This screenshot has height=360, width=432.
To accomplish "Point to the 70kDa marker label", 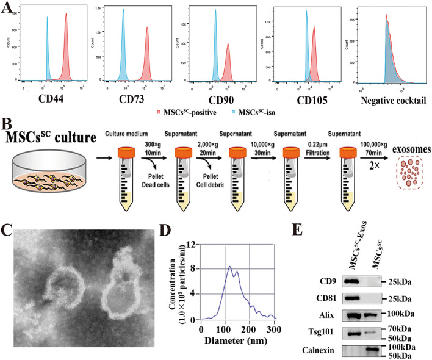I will click(x=397, y=311).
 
